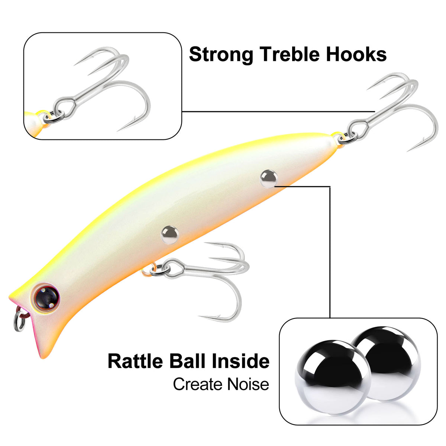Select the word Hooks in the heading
[356, 54]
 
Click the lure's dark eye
[46, 297]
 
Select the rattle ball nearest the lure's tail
[268, 178]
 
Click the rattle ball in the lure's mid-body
[170, 235]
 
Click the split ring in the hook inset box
[54, 117]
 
